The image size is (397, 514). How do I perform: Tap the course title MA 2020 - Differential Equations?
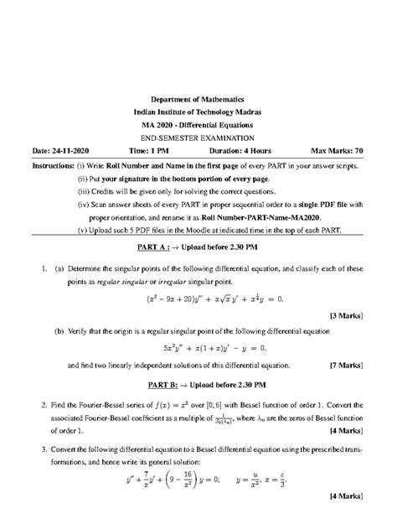(198, 125)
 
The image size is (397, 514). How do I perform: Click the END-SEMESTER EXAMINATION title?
(198, 138)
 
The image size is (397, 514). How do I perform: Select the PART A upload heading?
(198, 248)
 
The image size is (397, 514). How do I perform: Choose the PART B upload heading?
(198, 385)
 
